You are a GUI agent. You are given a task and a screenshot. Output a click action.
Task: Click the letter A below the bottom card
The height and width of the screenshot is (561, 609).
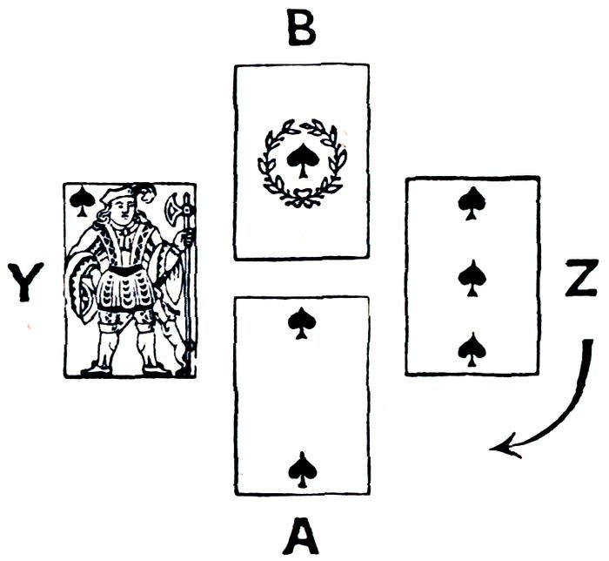click(x=300, y=537)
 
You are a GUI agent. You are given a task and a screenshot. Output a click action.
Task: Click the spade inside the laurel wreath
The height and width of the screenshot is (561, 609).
click(x=301, y=161)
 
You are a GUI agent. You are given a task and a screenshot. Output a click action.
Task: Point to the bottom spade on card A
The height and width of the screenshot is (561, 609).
click(x=300, y=470)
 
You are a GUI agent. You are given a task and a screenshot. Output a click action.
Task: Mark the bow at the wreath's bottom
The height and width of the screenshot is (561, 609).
click(x=302, y=200)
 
